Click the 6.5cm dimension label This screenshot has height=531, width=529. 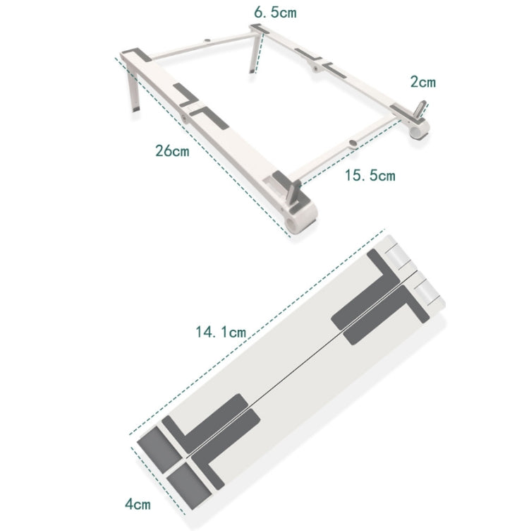pos(275,12)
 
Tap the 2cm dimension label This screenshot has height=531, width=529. pos(423,82)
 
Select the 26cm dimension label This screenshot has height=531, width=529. pos(172,150)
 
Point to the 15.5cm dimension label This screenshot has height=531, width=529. pos(370,175)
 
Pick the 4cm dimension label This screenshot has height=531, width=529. pos(138,505)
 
